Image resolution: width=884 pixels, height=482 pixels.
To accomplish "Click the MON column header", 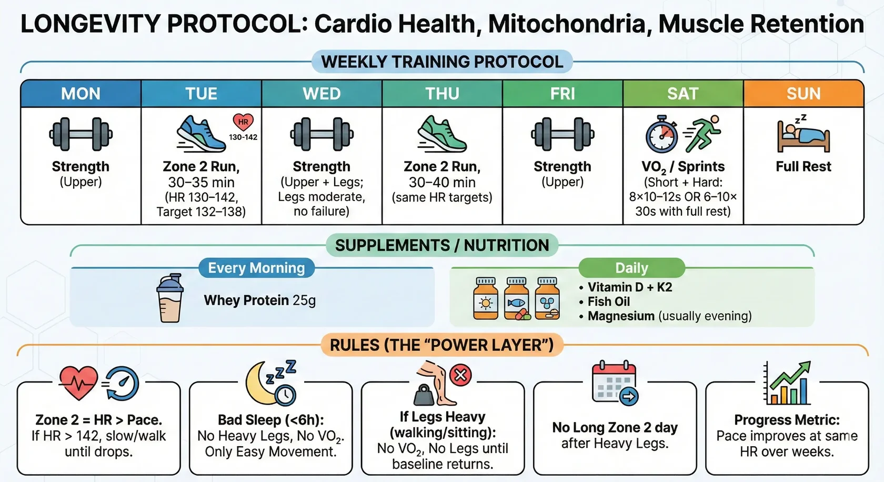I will pos(81,94).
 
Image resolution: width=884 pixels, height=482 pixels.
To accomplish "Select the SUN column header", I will pos(803,94).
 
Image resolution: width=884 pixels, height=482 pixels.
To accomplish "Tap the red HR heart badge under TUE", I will pos(243,122).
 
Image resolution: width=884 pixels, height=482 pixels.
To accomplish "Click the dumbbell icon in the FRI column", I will pos(562,134).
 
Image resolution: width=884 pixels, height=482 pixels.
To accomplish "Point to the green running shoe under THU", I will pos(442,134).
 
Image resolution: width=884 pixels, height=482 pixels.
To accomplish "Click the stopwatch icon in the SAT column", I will pos(662,135).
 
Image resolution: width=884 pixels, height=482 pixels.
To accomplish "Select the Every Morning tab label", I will pos(256,268).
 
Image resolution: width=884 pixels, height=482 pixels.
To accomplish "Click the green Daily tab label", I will pos(631,268).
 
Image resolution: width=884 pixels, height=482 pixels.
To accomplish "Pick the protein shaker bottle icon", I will pos(170,298).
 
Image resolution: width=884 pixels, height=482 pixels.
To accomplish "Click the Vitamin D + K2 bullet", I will pos(629,287).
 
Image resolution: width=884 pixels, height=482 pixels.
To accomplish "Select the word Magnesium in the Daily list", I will pos(621,316).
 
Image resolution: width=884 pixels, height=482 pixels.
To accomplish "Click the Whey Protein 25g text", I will pos(259,300).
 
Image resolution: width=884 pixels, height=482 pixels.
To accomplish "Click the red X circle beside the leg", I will pos(460,375).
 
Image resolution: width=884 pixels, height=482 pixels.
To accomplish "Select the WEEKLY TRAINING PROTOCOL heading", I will pos(442,62).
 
